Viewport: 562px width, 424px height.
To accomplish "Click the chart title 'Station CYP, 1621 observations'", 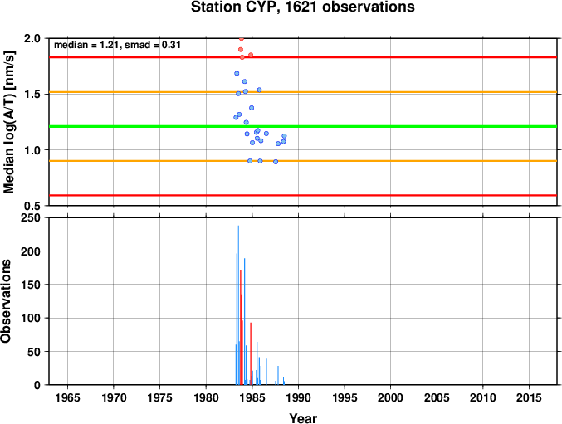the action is (302, 7).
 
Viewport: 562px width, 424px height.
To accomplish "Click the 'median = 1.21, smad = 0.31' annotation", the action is (117, 45).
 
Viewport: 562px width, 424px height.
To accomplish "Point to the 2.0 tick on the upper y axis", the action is (32, 38).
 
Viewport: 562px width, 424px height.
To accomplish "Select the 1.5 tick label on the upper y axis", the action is (32, 95).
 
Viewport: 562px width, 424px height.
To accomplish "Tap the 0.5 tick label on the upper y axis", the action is (32, 206).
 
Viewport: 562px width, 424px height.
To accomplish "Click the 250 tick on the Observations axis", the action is (31, 217).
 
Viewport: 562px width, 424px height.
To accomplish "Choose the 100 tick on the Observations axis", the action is (31, 318).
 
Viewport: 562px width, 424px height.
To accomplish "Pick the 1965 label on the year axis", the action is (67, 397).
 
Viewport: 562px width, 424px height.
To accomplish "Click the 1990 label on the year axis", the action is (298, 397).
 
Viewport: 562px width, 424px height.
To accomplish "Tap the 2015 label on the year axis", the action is (529, 397).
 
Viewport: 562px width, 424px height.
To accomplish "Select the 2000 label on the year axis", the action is (391, 397).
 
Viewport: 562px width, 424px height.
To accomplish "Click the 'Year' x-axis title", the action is (303, 418).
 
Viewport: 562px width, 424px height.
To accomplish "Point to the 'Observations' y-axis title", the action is (6, 301).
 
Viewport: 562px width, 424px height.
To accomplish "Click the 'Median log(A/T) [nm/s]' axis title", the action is (9, 123).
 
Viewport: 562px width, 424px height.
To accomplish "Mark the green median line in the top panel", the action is (303, 126).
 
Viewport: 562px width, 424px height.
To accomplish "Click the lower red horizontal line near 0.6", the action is (303, 195).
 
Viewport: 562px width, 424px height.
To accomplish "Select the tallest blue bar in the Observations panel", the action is (238, 305).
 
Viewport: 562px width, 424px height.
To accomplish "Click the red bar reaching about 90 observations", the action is (251, 353).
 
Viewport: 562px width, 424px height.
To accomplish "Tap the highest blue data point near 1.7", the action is (237, 73).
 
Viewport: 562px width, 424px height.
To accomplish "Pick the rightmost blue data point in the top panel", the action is (284, 136).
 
